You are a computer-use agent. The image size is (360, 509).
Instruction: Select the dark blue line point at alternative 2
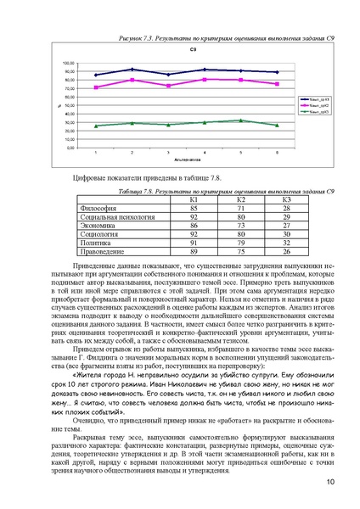[132, 70]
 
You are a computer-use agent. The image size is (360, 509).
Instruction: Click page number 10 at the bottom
[329, 484]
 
